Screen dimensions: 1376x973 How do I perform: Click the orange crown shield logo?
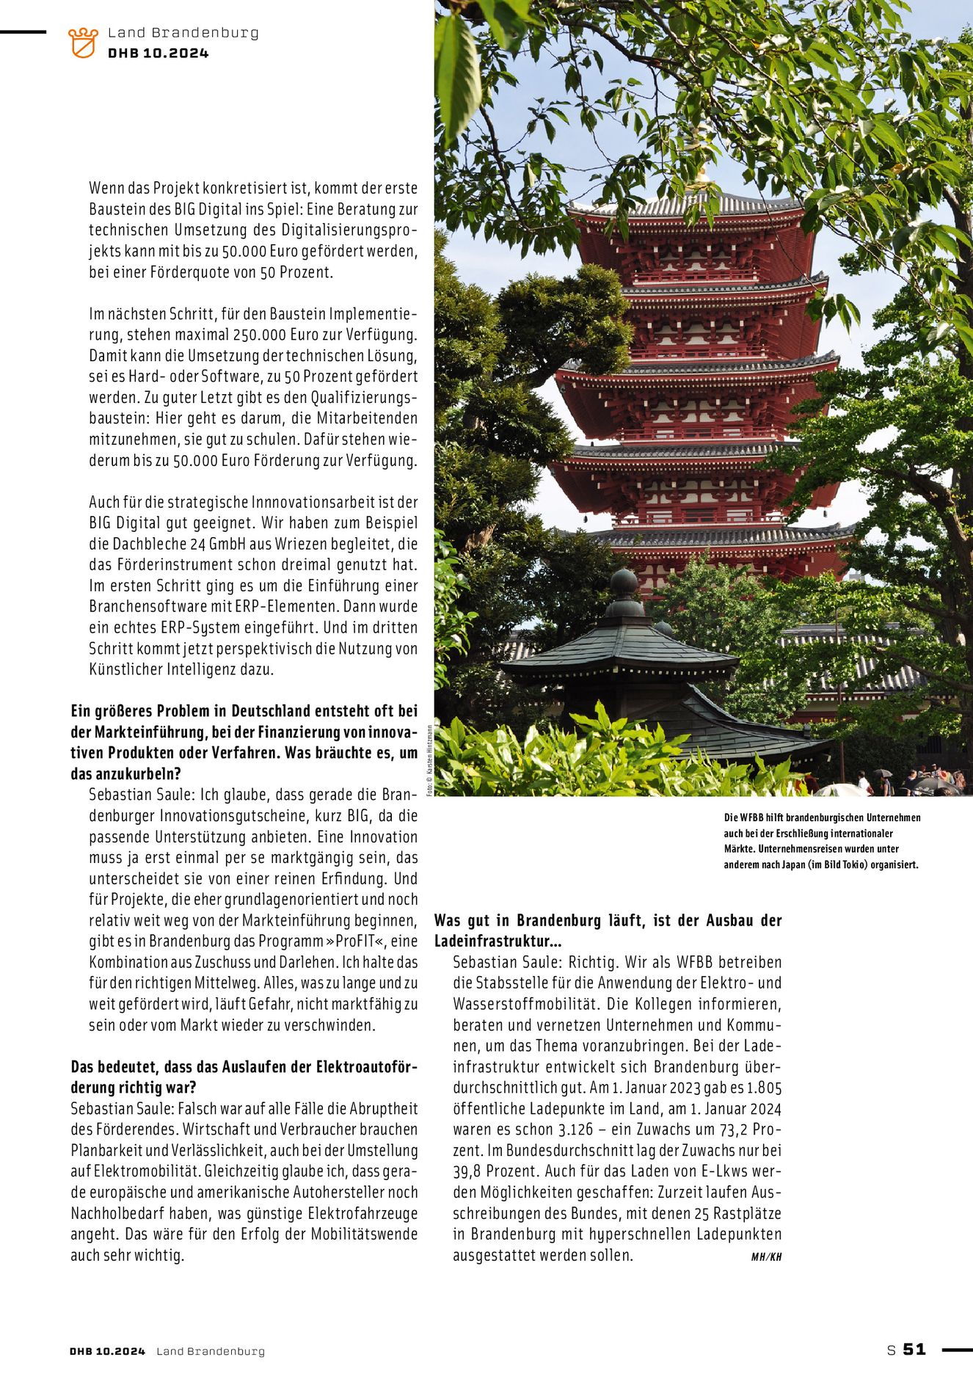click(x=82, y=43)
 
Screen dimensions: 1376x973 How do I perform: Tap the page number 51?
click(x=914, y=1349)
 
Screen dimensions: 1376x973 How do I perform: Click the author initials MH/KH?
click(x=766, y=1256)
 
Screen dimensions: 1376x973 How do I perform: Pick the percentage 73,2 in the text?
click(x=731, y=1129)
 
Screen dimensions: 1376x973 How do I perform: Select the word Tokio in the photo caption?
click(x=852, y=864)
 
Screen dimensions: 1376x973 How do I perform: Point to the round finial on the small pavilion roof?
click(x=624, y=583)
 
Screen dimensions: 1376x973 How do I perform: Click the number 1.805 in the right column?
click(x=764, y=1088)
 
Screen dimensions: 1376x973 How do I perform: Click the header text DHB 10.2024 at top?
click(x=158, y=53)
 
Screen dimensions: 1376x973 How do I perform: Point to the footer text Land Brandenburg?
click(x=210, y=1351)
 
